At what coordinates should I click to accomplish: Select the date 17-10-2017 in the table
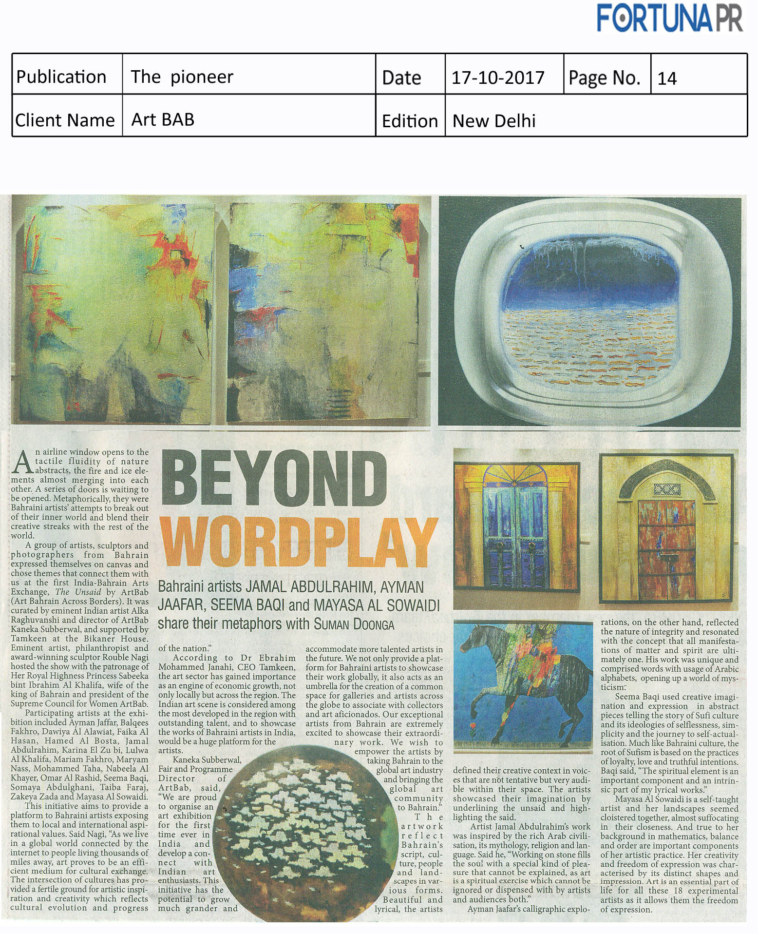point(498,78)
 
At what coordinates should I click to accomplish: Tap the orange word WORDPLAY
point(298,543)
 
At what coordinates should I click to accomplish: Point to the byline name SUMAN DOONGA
point(354,624)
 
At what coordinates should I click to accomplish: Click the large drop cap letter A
point(22,463)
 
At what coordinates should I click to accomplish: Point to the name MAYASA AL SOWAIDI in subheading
point(376,605)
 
